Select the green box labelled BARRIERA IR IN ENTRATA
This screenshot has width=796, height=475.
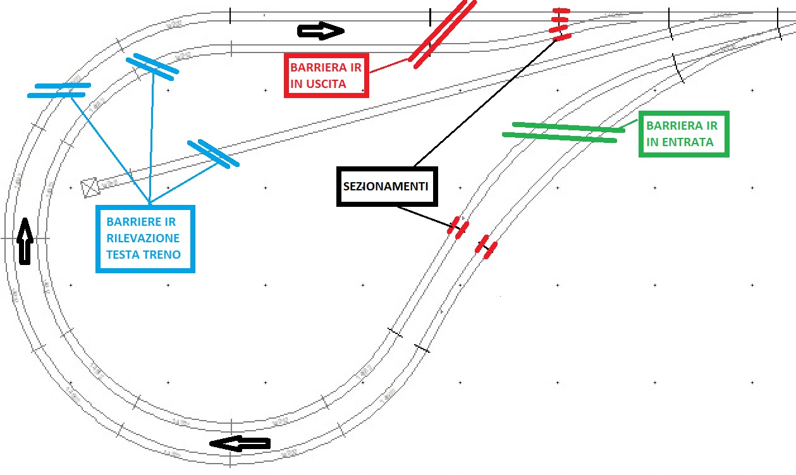[x=683, y=134]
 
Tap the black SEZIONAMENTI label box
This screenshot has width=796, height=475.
[x=386, y=187]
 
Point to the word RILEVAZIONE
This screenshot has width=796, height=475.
[x=143, y=238]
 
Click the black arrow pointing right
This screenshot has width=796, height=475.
[x=321, y=31]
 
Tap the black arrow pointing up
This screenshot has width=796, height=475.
[x=24, y=240]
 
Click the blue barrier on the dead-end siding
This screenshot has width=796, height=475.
[x=214, y=153]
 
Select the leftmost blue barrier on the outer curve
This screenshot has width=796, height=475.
[x=58, y=90]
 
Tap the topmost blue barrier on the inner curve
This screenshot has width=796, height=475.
[x=151, y=67]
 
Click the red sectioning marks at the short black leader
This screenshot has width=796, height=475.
[x=458, y=228]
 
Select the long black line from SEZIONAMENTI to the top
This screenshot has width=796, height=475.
[x=484, y=101]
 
